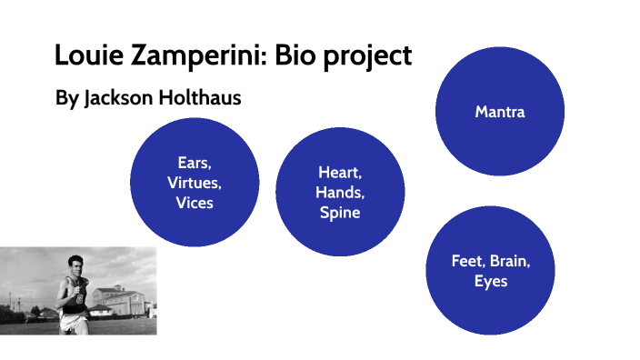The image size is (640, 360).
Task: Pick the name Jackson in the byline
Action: click(117, 98)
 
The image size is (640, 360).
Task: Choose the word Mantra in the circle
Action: click(500, 112)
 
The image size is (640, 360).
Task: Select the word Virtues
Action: click(195, 183)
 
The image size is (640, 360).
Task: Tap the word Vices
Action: click(195, 203)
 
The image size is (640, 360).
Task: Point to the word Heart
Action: click(338, 173)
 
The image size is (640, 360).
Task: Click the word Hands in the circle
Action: click(338, 193)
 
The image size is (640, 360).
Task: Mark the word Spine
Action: click(339, 214)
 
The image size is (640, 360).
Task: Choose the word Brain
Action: click(509, 261)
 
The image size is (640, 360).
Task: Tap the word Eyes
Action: click(491, 281)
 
